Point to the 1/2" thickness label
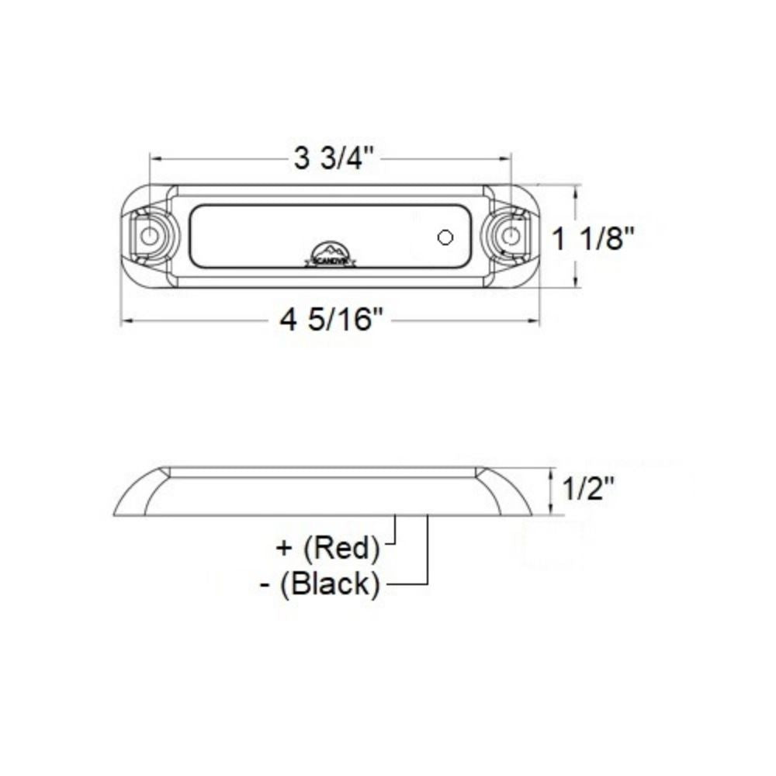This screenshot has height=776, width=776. (x=587, y=490)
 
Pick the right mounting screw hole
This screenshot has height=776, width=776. (x=510, y=236)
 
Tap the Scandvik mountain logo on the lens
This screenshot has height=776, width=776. (x=331, y=253)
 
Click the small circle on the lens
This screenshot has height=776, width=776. (x=445, y=237)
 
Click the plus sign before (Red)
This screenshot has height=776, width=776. (x=285, y=548)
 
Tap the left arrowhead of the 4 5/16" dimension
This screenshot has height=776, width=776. (x=124, y=319)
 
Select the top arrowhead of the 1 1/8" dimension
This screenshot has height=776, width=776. (x=574, y=191)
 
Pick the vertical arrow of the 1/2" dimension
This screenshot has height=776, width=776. (x=552, y=490)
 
